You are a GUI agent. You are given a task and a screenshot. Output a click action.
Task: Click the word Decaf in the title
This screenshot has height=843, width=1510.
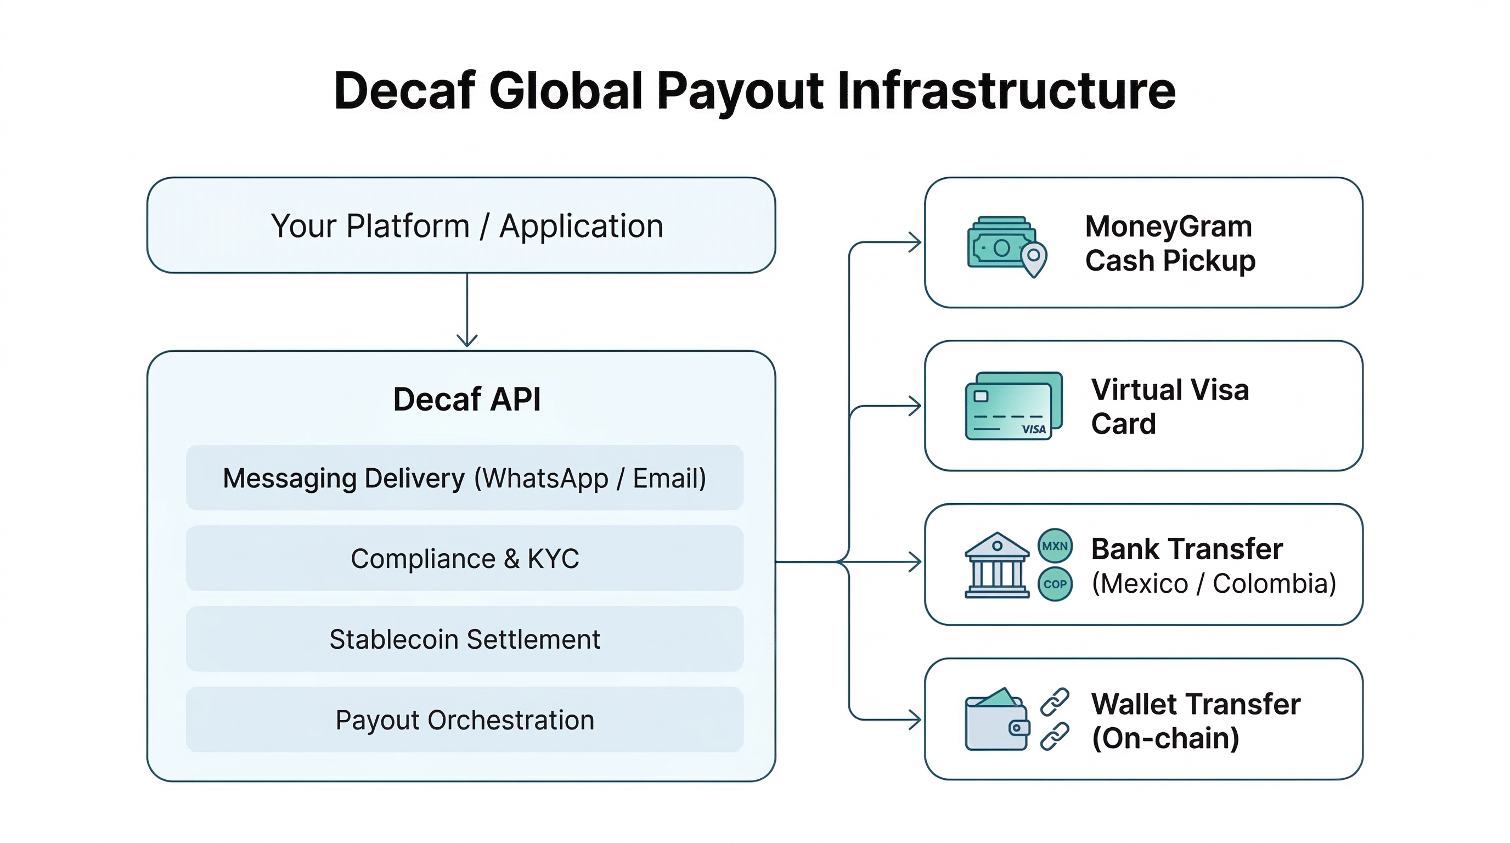(x=404, y=91)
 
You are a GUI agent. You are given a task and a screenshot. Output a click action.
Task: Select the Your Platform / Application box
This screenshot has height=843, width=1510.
(x=461, y=226)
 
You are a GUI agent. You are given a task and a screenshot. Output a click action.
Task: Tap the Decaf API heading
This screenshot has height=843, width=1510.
(x=466, y=400)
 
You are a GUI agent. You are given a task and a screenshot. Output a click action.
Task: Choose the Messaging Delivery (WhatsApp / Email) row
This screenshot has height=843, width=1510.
(x=464, y=478)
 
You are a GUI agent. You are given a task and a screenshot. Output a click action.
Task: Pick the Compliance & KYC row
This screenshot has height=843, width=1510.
(x=464, y=559)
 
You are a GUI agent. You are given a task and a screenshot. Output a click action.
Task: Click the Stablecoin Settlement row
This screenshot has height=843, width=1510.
(x=464, y=639)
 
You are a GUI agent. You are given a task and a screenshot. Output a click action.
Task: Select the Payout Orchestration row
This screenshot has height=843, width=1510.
(x=464, y=720)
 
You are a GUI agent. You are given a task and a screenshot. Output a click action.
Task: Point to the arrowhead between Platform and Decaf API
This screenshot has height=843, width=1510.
(x=466, y=340)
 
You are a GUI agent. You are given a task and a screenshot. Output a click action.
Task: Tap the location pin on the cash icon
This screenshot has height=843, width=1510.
(x=1033, y=258)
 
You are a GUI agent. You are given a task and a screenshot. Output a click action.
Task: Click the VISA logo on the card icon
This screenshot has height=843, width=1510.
(x=1033, y=429)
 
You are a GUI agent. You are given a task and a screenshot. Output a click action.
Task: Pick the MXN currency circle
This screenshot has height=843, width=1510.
(x=1055, y=546)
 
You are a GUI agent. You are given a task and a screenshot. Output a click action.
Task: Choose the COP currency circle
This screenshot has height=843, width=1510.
(x=1055, y=584)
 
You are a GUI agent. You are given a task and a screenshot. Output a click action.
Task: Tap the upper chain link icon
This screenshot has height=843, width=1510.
(x=1055, y=702)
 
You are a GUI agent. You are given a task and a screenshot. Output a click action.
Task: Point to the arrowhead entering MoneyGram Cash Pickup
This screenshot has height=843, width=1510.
(x=915, y=242)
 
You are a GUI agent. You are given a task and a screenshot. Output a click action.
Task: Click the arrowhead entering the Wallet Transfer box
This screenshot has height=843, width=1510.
(x=915, y=720)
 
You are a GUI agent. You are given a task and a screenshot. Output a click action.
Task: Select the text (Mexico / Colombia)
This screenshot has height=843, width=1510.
(x=1213, y=584)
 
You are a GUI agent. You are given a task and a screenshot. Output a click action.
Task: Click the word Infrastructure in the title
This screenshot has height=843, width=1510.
(x=1006, y=91)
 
